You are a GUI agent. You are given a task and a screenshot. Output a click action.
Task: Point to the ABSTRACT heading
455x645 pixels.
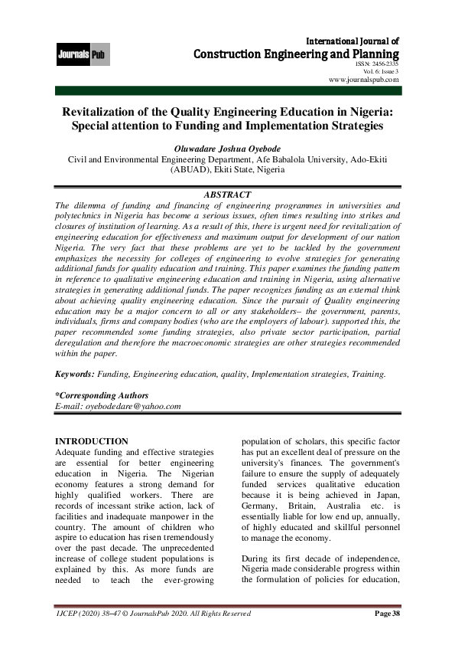click(x=226, y=195)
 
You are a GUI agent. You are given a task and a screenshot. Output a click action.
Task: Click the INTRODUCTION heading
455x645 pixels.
click(x=93, y=441)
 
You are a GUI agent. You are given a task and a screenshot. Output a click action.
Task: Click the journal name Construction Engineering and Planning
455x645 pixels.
click(x=297, y=54)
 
